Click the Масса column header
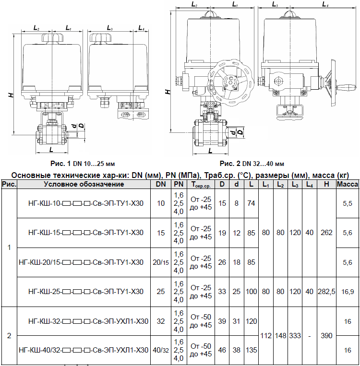click(348, 184)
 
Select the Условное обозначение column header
click(84, 184)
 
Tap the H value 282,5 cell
click(326, 292)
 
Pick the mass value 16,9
click(348, 292)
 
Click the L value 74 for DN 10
click(251, 203)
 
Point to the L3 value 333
click(295, 336)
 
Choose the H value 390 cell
click(326, 336)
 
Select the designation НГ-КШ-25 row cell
click(86, 292)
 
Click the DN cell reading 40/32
click(161, 350)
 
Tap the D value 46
click(222, 350)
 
